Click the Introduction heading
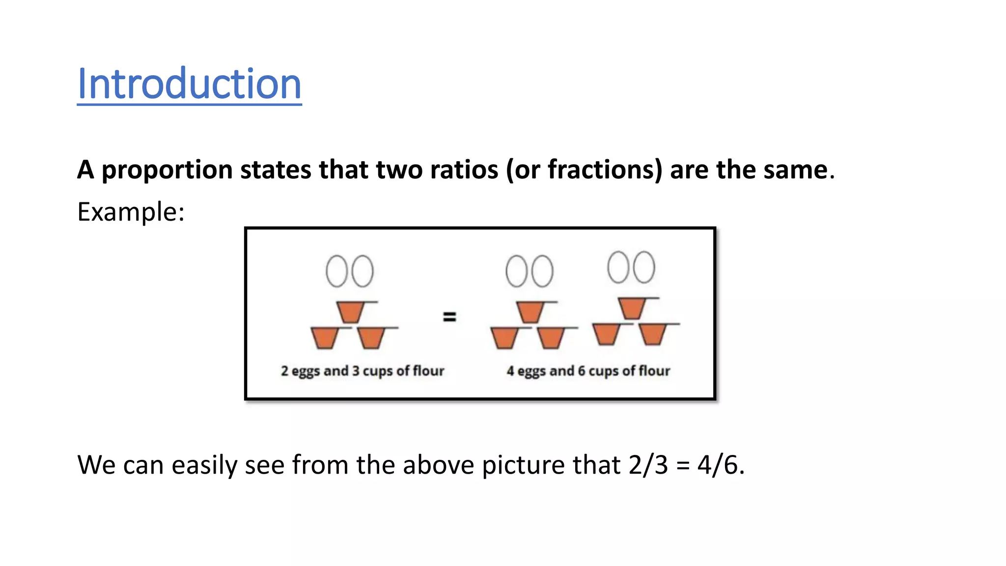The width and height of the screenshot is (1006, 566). pos(189,84)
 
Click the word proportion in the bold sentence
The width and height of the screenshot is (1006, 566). pos(167,170)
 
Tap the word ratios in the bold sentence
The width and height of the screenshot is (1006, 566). pos(464,170)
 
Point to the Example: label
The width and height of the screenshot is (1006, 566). pos(131,212)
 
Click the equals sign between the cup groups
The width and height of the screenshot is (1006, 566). pos(449,317)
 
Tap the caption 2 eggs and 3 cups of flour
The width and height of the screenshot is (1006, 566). pos(363,371)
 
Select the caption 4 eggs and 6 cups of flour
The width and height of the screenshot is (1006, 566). pos(588,371)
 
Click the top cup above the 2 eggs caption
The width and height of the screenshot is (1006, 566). pos(351,311)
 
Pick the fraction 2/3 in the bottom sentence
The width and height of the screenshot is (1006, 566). pos(648,465)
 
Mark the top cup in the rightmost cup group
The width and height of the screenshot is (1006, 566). pos(632,308)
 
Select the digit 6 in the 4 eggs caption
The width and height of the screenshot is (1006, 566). pos(582,371)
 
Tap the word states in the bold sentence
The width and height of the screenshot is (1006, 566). pos(276,170)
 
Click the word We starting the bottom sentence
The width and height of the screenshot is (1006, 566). pos(96,465)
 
